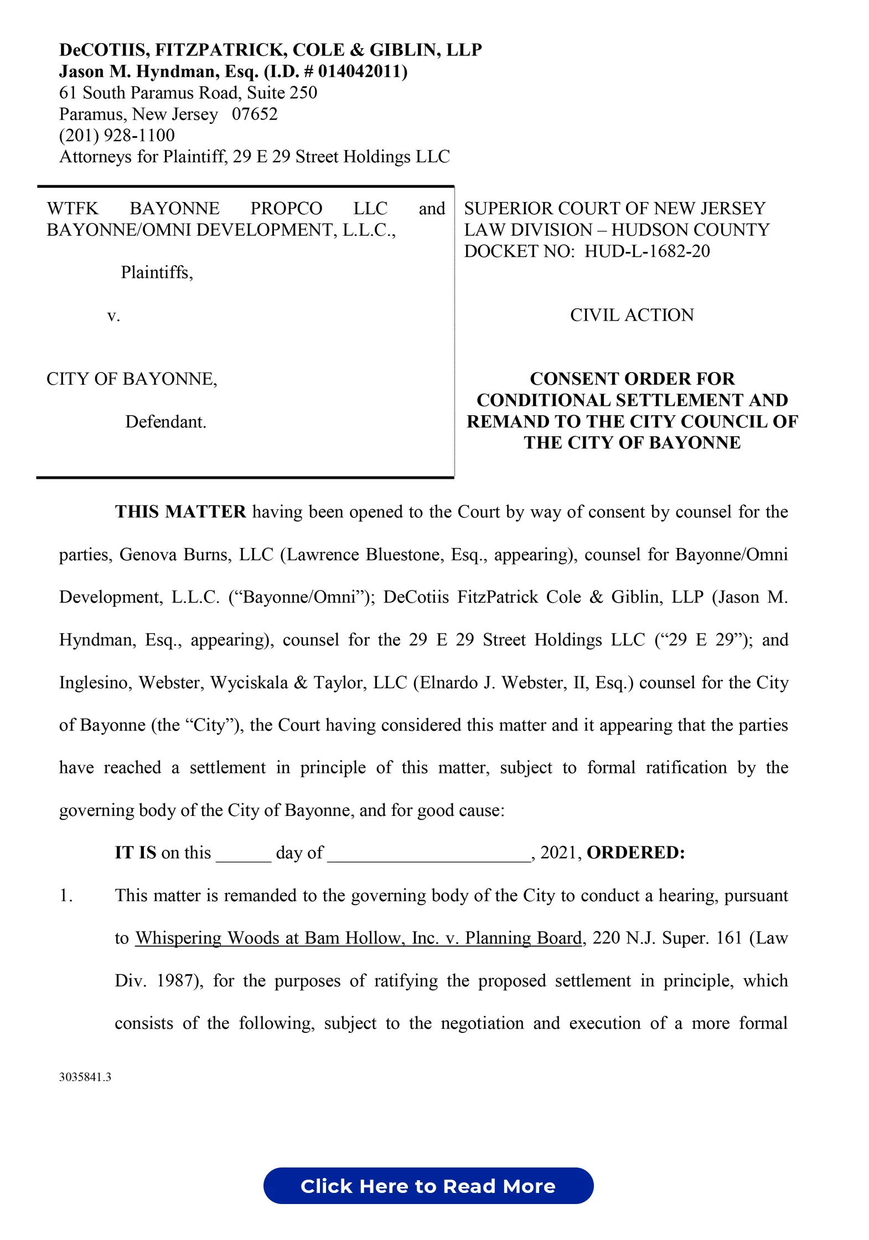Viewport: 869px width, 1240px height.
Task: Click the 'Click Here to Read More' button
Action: [428, 1185]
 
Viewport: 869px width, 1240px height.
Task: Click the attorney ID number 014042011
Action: [360, 71]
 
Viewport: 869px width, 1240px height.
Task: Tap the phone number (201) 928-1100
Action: [117, 135]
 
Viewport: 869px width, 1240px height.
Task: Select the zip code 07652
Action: [255, 114]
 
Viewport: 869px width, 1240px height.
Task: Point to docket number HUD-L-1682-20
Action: [647, 251]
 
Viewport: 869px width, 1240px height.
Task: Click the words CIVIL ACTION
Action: [632, 315]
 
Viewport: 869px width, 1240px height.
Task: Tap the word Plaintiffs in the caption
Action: [157, 272]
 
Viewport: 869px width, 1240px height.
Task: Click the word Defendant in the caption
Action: [165, 422]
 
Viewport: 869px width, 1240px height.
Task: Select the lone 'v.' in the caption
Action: [113, 316]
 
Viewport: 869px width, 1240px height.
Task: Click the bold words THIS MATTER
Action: [180, 512]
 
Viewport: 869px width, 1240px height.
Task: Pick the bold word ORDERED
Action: [635, 852]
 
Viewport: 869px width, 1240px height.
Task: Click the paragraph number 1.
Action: [66, 896]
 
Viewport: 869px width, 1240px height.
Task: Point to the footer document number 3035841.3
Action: [85, 1077]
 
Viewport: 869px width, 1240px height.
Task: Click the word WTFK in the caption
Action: [73, 209]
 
